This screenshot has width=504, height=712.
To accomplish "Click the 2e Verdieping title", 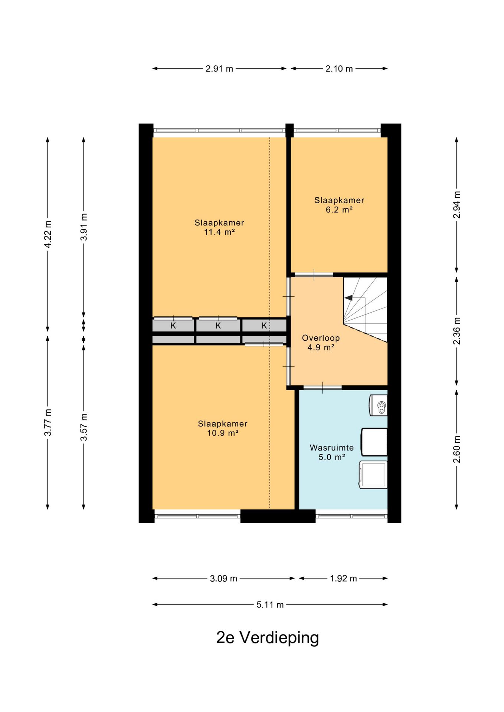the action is point(268,637).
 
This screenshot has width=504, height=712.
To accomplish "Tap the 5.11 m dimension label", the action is point(270,605).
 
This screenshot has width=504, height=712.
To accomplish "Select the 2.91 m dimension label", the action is point(219,69).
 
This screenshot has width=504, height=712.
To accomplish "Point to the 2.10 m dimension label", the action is point(339,69).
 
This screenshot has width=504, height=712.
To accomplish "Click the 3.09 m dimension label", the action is point(223,578).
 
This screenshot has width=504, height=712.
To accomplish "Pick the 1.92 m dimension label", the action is point(343,578).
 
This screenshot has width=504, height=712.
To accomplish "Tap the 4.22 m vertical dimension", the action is point(48,234).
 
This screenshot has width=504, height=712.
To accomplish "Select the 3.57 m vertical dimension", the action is point(84,427).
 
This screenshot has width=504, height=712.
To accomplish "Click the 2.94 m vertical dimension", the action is point(457,205).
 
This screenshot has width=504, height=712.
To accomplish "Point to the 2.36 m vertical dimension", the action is point(457,331).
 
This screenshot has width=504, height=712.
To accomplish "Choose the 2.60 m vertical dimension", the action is point(457,449).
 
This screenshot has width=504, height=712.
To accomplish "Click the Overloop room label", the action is point(321,338).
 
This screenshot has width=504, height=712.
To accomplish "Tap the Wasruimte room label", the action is point(332,448).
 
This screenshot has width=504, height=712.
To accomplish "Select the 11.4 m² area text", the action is point(219,232).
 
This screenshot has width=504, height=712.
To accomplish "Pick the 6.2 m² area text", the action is point(339,210).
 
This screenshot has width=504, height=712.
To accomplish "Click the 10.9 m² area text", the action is point(222,433).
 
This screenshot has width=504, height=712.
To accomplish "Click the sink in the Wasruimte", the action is point(378,405).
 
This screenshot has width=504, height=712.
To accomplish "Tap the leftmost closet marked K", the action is point(173,326).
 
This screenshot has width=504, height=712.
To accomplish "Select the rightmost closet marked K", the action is point(264,326).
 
